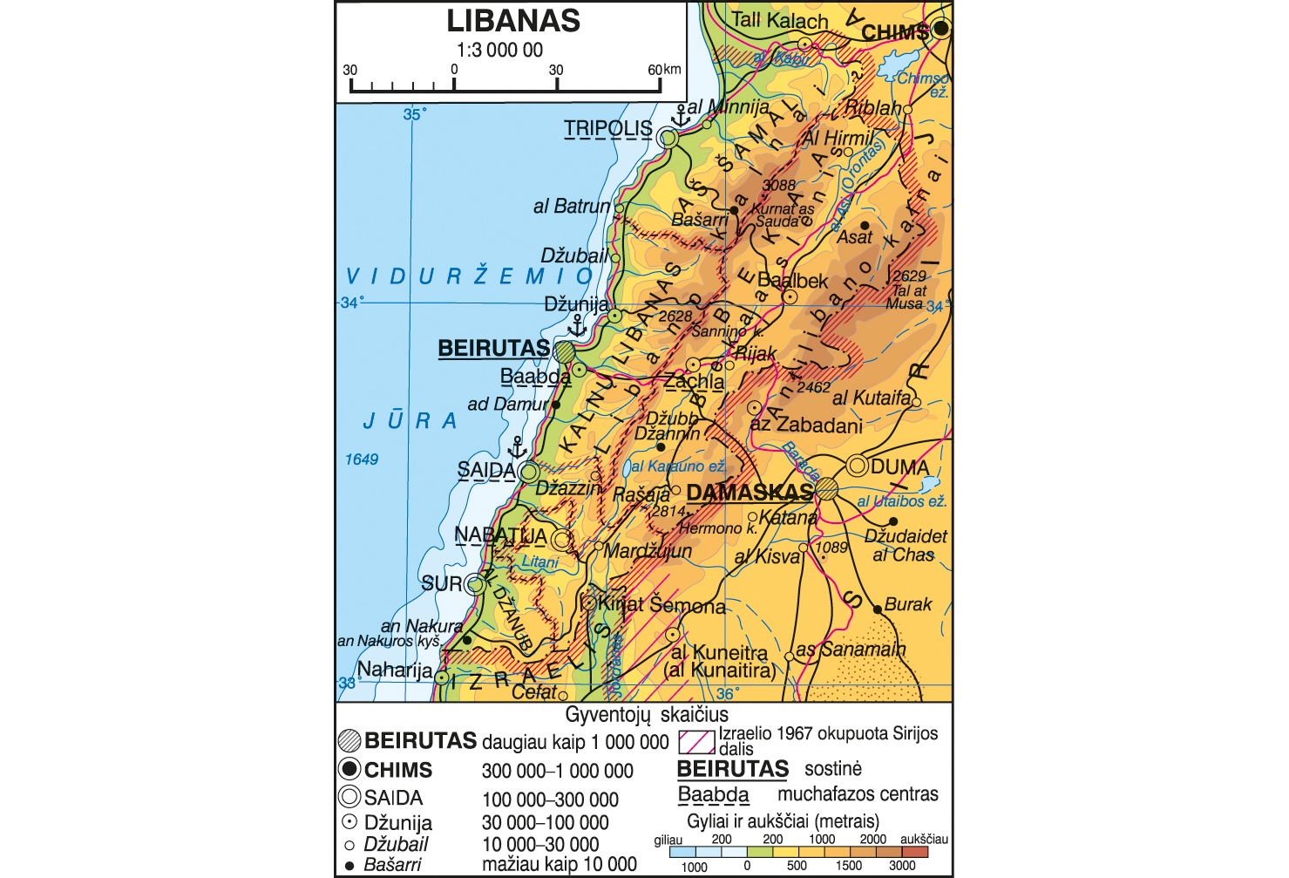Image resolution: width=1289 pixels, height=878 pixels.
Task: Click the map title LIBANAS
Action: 513,21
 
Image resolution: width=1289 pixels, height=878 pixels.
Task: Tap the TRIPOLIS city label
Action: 607,129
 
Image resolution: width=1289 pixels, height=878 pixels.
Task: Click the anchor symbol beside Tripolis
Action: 681,115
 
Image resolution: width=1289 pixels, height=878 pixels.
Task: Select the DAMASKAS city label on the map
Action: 749,493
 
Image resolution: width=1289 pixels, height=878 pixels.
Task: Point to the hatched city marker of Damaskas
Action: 826,489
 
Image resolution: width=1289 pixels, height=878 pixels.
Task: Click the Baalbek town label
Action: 792,281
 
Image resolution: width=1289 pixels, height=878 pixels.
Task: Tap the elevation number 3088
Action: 778,185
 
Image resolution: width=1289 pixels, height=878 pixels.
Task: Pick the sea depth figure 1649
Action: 361,459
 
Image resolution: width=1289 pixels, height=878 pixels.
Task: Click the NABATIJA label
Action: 500,535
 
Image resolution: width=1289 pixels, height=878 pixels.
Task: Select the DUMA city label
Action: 899,467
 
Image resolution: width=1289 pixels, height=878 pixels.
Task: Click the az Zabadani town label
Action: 806,425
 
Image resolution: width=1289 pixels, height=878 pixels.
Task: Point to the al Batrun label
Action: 572,207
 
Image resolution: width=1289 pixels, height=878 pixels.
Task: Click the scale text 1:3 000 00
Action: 499,51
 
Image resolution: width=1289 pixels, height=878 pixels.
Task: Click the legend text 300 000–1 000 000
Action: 557,771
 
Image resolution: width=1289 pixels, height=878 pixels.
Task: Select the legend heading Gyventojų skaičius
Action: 647,715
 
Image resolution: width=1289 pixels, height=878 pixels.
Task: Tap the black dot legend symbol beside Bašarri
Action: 349,866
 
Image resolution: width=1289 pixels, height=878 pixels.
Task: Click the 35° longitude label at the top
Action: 413,115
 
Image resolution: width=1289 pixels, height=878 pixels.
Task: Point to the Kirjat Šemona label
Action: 661,605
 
